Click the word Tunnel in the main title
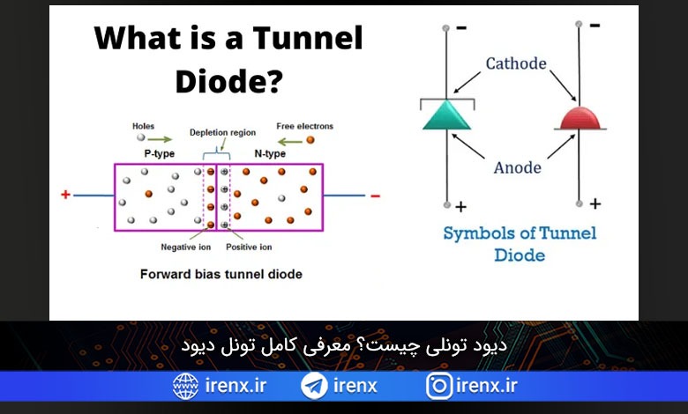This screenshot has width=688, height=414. tap(308, 38)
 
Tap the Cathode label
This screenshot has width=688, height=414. tap(516, 63)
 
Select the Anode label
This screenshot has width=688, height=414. tap(517, 167)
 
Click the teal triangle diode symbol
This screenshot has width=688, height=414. tap(446, 115)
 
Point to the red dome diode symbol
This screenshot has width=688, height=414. tap(580, 118)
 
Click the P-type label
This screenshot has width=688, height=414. tap(160, 154)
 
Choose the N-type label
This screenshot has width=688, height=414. tap(270, 154)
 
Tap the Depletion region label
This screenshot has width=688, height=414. tap(222, 132)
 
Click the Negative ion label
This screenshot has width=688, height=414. tap(185, 248)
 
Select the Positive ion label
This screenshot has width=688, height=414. tap(249, 248)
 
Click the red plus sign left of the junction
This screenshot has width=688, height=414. tap(65, 195)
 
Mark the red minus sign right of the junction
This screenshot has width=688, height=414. tap(375, 196)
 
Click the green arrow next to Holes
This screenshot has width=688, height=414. tap(160, 139)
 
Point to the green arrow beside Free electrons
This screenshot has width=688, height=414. tap(290, 142)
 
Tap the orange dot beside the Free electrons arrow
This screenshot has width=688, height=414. tap(310, 140)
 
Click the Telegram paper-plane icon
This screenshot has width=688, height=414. tap(314, 386)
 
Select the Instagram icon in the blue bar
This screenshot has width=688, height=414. tap(438, 386)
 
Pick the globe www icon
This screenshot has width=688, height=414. tap(185, 386)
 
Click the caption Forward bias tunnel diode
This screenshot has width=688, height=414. tap(221, 274)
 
